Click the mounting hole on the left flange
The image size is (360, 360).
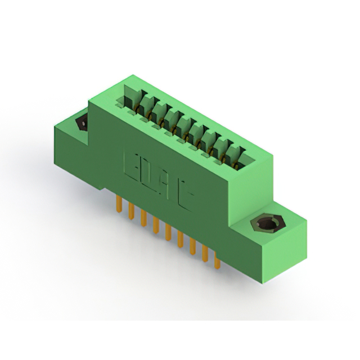80,123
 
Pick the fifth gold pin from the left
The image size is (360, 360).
168,231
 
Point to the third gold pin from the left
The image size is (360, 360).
143,217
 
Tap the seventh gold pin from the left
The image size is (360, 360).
192,245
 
